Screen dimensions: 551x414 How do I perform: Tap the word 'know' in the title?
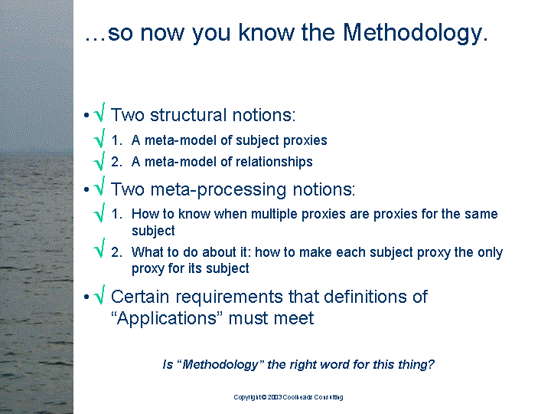tap(267, 32)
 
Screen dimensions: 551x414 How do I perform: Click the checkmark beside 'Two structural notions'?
tap(99, 112)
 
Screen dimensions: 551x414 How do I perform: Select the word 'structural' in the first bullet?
tap(188, 115)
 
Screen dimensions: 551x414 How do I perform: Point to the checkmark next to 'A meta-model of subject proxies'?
tap(99, 138)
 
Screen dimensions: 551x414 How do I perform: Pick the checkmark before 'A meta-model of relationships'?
tap(99, 161)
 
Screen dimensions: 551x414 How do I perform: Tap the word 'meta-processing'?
tap(218, 189)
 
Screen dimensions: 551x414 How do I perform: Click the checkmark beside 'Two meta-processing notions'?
tap(99, 186)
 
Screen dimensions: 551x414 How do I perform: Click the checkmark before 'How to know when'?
tap(99, 212)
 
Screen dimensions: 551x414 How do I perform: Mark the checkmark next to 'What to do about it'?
tap(99, 248)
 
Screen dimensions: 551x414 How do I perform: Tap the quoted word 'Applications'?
tap(167, 318)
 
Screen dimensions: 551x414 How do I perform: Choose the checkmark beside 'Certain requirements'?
tap(99, 294)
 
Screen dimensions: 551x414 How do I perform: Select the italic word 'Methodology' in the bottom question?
tap(220, 364)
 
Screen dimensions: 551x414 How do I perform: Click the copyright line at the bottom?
tap(289, 397)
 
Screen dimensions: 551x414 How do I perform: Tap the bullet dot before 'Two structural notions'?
tap(86, 115)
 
